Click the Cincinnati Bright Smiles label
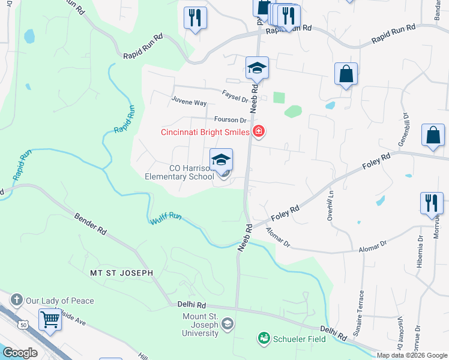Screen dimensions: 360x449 pyautogui.click(x=205, y=132)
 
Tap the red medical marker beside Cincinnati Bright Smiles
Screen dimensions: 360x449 pyautogui.click(x=259, y=131)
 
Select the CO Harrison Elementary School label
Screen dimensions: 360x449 pyautogui.click(x=179, y=172)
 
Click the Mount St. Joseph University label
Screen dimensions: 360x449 pyautogui.click(x=201, y=325)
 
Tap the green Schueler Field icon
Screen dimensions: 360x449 pyautogui.click(x=263, y=339)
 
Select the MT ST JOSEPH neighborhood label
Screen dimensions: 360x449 pyautogui.click(x=121, y=272)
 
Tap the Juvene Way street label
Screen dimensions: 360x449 pyautogui.click(x=188, y=103)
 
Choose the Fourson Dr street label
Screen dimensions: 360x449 pyautogui.click(x=226, y=120)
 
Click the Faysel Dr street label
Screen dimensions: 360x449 pyautogui.click(x=235, y=95)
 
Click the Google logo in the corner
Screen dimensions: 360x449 pyautogui.click(x=20, y=352)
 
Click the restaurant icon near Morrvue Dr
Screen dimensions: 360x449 pyautogui.click(x=432, y=203)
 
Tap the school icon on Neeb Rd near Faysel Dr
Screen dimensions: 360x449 pyautogui.click(x=257, y=68)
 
